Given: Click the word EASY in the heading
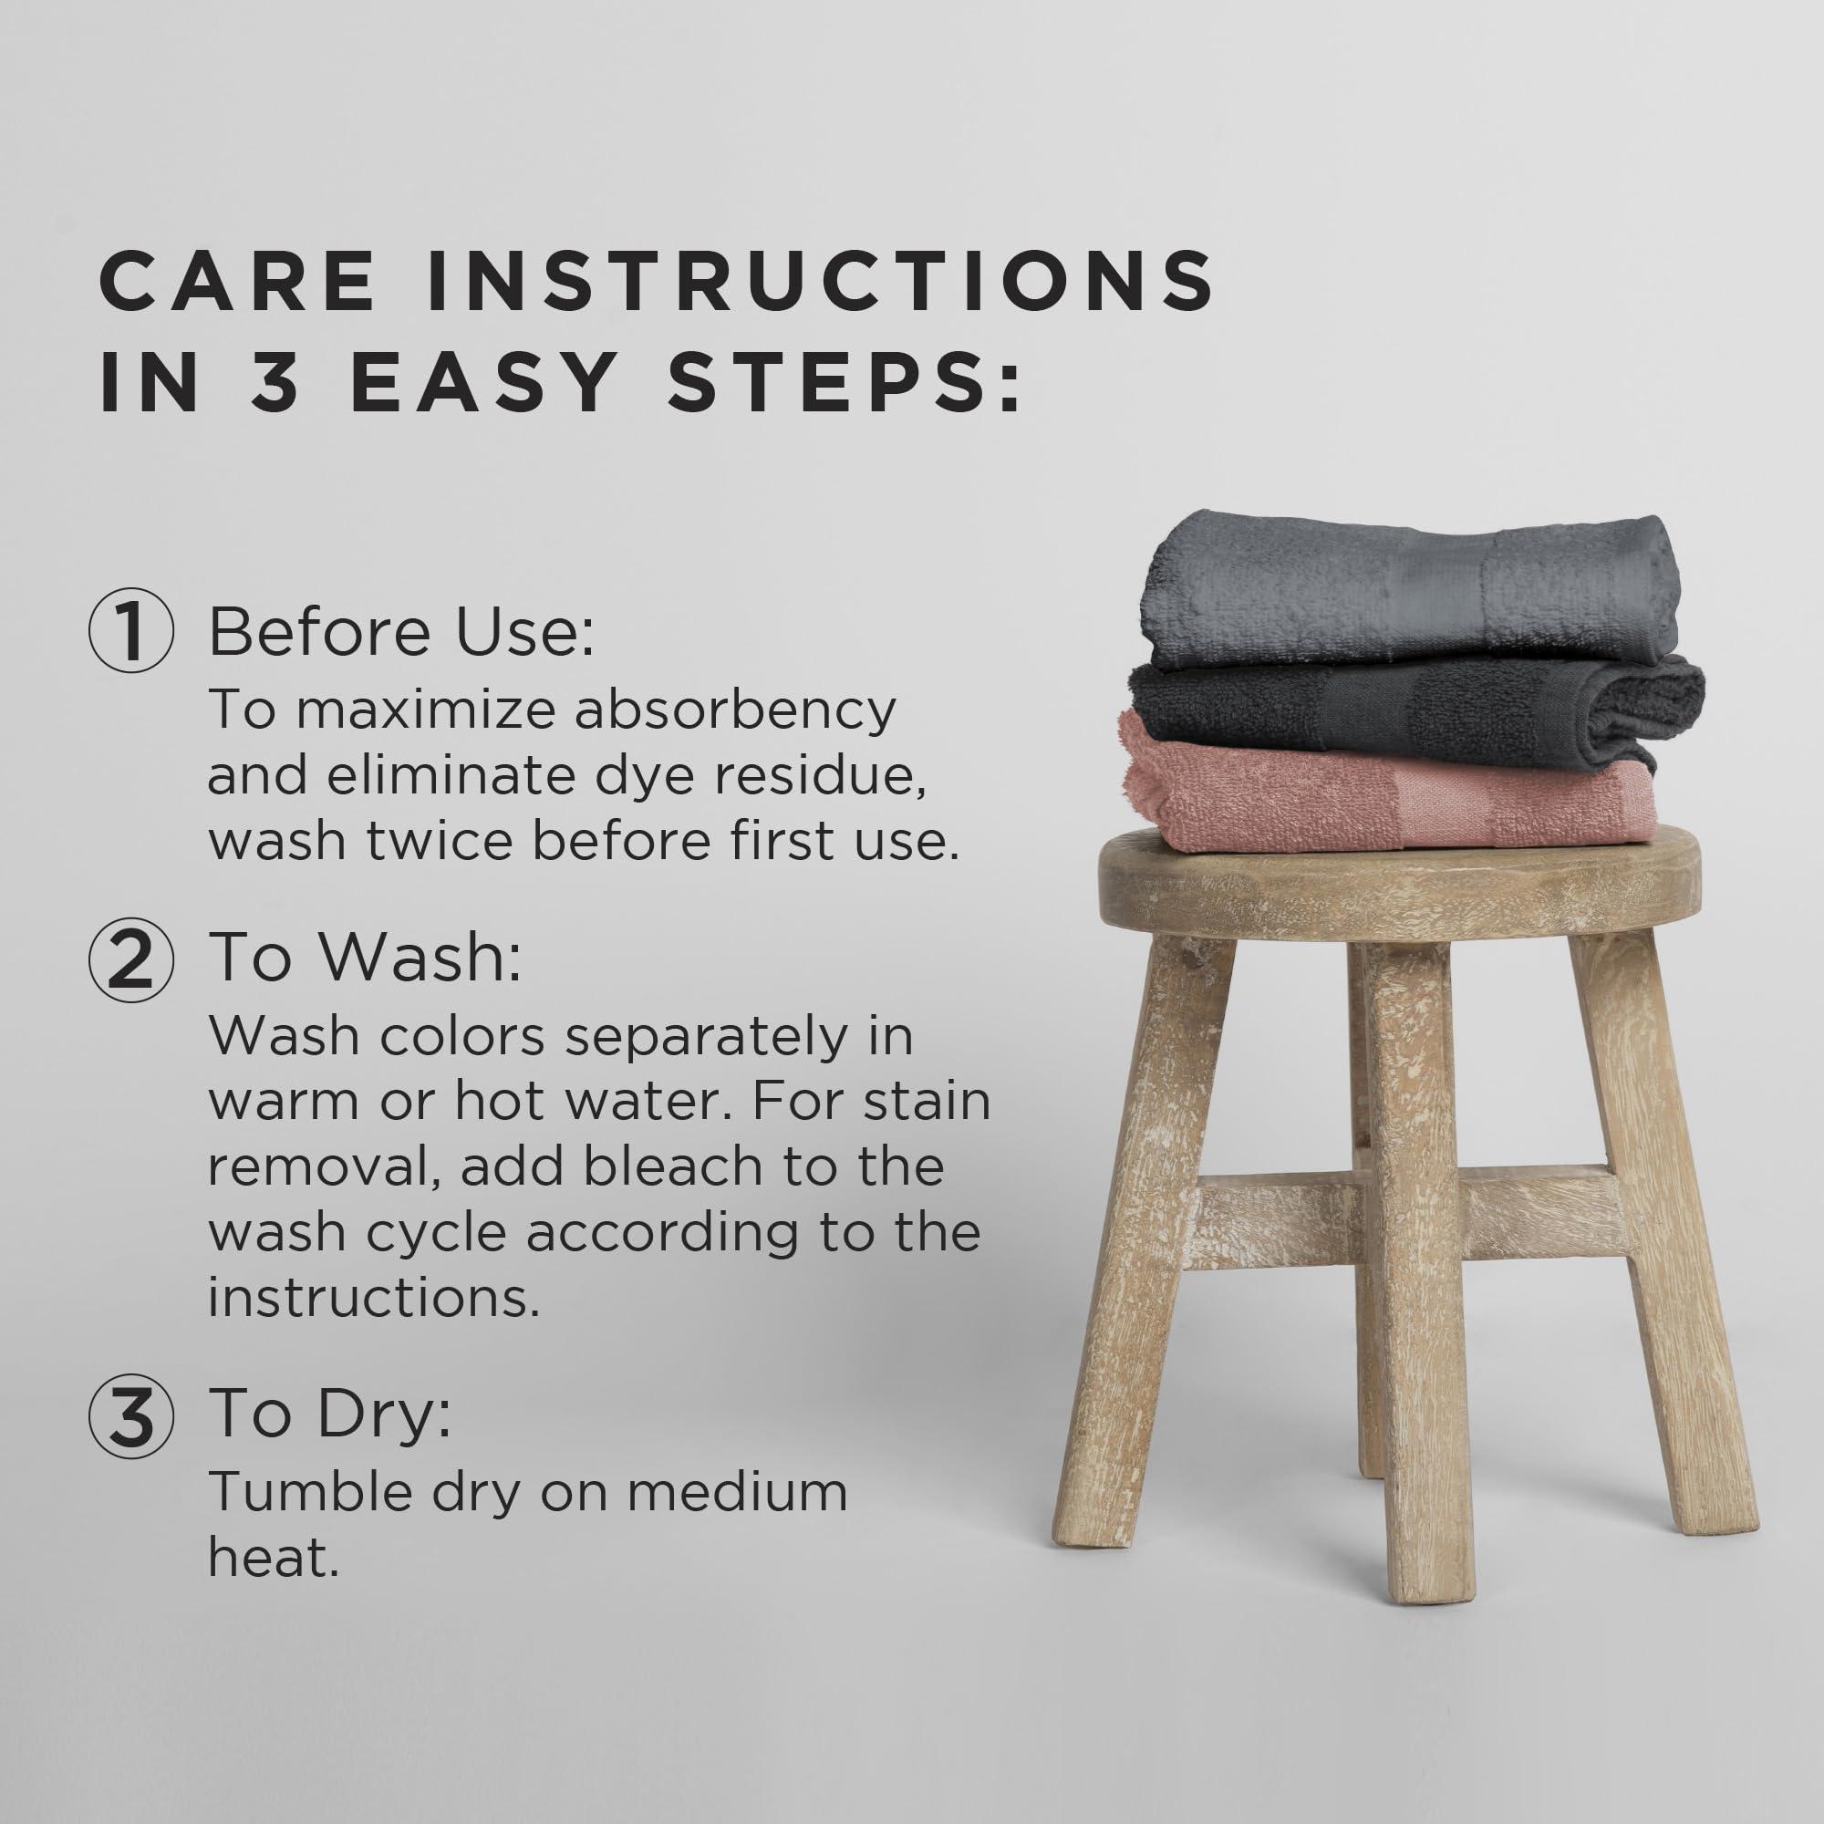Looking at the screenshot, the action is click(x=483, y=382).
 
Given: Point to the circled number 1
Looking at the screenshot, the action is click(x=131, y=631).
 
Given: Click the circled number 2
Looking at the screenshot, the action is click(x=131, y=959).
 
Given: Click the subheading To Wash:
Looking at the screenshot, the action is click(x=365, y=958).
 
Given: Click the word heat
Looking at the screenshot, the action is click(x=273, y=1558).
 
